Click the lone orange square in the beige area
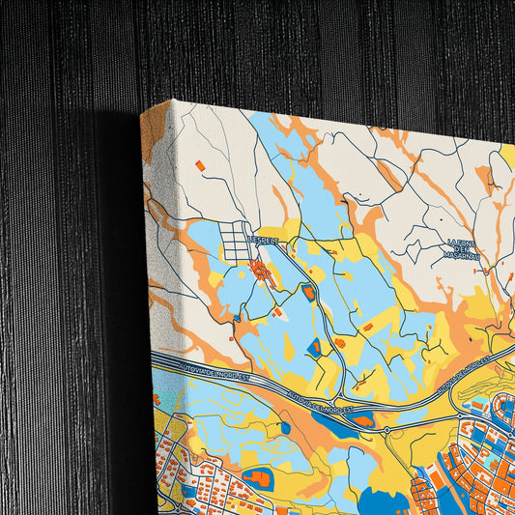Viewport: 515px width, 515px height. (200, 165)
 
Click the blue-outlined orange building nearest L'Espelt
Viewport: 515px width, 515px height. (308, 291)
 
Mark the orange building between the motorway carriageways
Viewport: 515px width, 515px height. (362, 420)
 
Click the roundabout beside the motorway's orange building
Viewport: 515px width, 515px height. (386, 429)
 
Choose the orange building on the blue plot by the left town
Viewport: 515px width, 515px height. (257, 477)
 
